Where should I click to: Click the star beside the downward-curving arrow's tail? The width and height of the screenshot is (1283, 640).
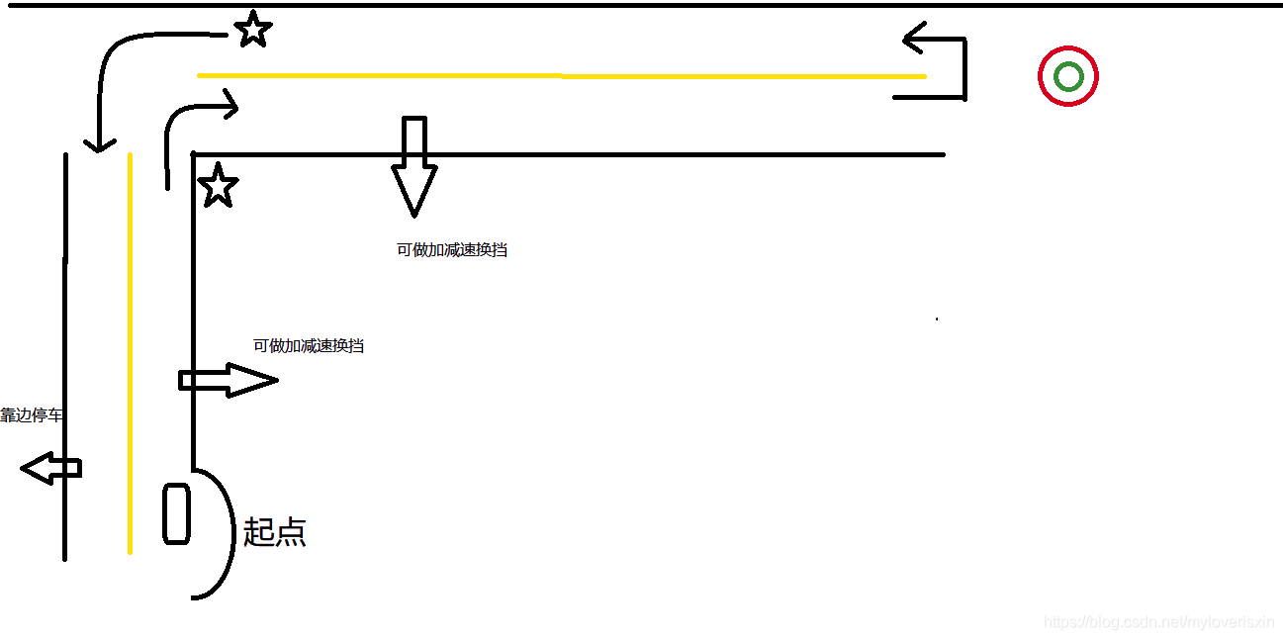[253, 30]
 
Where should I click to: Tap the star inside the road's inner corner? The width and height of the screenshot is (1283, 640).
[219, 186]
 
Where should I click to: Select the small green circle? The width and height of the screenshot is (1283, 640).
[1068, 76]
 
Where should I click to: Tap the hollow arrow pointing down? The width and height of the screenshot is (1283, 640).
[414, 168]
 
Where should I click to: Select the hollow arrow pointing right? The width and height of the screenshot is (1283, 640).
[228, 380]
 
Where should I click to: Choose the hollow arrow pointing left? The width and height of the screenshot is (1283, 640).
[49, 468]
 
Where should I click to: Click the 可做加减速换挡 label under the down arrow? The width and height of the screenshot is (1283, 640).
[452, 250]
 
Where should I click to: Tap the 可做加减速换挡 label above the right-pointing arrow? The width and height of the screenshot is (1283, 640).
[309, 346]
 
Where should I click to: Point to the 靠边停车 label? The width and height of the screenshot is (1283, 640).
[31, 415]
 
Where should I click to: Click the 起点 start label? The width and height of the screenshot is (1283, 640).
[274, 532]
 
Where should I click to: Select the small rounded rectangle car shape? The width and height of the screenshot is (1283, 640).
[176, 513]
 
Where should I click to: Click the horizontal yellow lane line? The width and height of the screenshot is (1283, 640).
[561, 75]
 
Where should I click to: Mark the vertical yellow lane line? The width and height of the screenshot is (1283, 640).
[130, 356]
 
